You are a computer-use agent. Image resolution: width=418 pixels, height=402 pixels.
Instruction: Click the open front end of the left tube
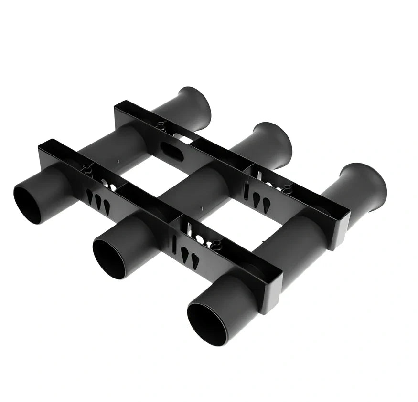(x=27, y=205)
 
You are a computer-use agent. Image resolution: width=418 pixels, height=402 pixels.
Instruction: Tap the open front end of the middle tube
(x=109, y=258)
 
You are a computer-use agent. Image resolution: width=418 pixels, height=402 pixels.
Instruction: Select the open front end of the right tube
(x=207, y=324)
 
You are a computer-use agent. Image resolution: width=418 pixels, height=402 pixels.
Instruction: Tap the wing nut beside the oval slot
(x=161, y=126)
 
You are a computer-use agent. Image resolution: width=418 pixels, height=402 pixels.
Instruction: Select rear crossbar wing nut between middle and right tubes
(x=287, y=187)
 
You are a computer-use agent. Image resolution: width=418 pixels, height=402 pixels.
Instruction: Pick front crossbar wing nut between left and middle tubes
(x=87, y=168)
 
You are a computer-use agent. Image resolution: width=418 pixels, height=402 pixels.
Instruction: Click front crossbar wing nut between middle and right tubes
(x=216, y=245)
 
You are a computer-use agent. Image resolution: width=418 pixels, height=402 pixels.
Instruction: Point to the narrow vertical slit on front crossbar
(x=174, y=244)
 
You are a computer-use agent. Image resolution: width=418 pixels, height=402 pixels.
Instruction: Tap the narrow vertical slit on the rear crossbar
(x=246, y=191)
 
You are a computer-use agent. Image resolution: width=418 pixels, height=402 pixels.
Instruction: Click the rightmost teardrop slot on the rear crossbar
(x=267, y=205)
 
